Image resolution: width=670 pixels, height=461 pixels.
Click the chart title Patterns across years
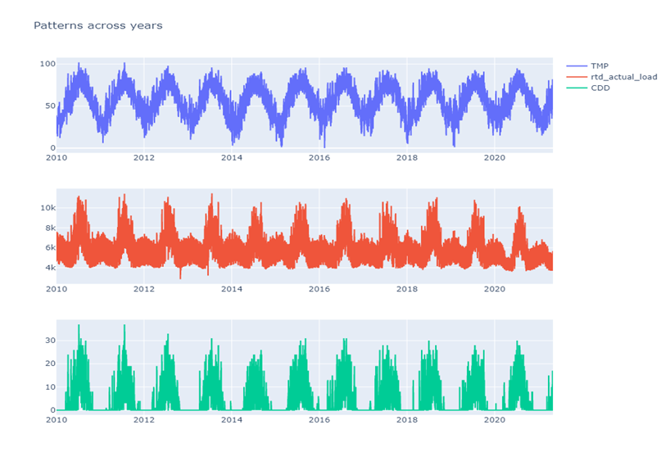click(97, 25)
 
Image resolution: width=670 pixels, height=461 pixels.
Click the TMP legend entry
click(599, 66)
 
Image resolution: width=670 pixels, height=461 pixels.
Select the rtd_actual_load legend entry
click(623, 77)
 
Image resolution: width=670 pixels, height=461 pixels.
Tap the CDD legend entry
click(600, 88)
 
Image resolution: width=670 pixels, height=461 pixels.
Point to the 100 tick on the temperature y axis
click(47, 64)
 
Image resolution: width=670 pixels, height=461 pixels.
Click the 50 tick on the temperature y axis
click(49, 106)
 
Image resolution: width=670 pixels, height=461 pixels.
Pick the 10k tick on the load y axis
click(46, 208)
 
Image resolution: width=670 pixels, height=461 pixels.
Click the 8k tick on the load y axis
click(48, 228)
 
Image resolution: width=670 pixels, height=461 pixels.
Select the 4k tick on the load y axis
click(48, 268)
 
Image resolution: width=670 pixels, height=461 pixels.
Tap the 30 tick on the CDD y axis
click(49, 340)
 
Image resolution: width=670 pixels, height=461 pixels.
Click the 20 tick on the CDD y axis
click(49, 364)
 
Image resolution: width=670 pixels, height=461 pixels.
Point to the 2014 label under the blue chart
click(232, 158)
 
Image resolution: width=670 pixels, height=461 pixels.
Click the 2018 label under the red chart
click(407, 289)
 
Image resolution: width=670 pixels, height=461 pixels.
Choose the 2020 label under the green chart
click(495, 419)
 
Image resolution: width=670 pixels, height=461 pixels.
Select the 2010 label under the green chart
click(57, 419)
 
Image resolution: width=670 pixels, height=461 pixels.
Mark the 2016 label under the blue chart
click(319, 158)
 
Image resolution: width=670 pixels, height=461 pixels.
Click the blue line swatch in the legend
click(575, 66)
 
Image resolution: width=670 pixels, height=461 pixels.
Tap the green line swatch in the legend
click(575, 88)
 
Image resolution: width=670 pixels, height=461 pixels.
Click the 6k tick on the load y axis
click(48, 247)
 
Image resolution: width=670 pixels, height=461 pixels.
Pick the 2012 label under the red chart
click(144, 289)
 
